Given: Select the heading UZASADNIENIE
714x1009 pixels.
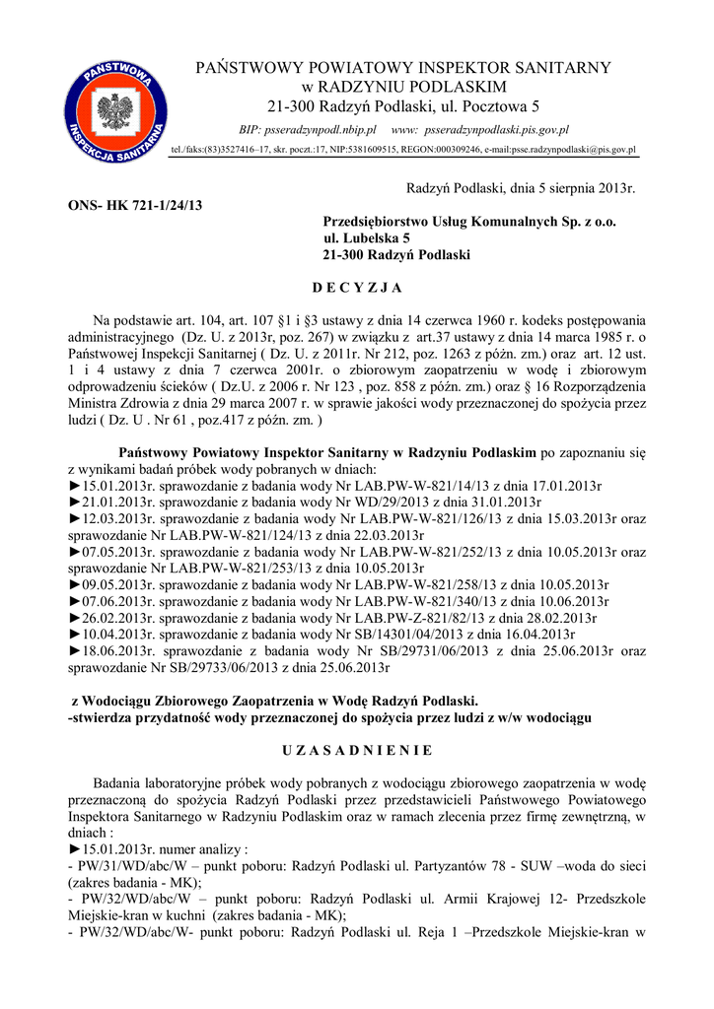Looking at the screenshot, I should pyautogui.click(x=356, y=751).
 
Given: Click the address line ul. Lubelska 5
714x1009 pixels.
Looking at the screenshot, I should pyautogui.click(x=367, y=238).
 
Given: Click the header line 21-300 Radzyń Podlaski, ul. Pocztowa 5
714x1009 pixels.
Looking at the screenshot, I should pyautogui.click(x=404, y=105).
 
